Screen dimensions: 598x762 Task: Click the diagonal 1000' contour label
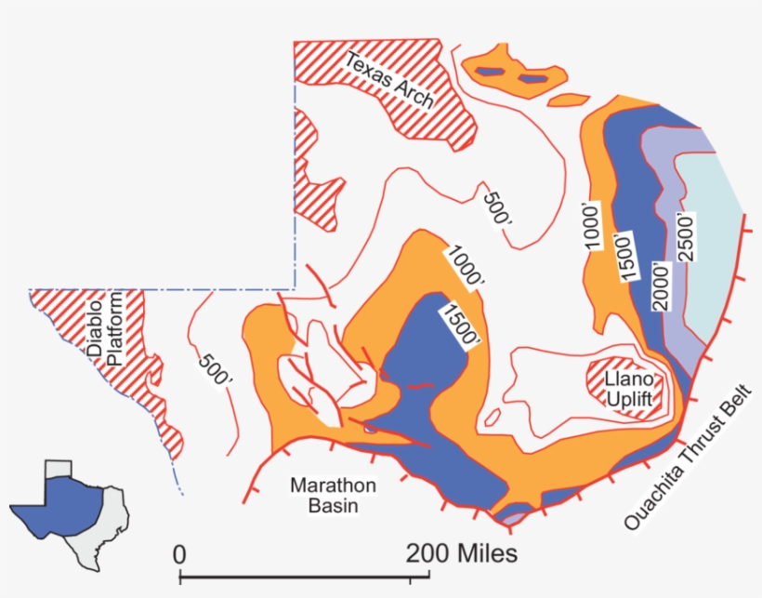[466, 264]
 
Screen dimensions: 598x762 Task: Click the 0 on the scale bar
[180, 554]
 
